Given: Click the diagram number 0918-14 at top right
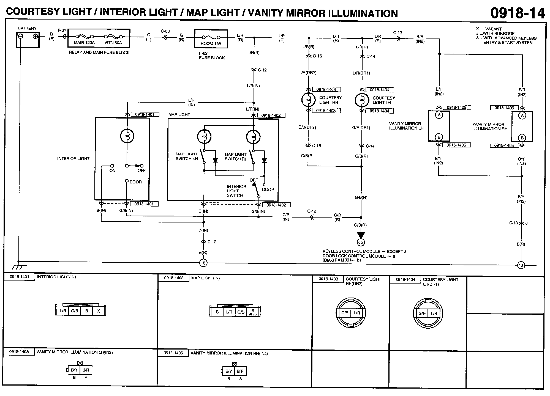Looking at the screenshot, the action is click(518, 13).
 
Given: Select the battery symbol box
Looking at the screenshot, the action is click(28, 39).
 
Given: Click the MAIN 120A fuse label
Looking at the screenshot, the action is click(84, 43).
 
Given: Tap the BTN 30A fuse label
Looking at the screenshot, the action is click(113, 43).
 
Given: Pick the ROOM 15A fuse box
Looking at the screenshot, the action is click(211, 39).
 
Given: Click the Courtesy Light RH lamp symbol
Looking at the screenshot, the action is click(308, 100).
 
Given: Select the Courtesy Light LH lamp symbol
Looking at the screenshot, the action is click(362, 100).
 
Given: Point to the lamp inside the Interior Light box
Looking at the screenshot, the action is click(127, 136).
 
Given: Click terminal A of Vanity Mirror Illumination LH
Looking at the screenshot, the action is click(439, 115).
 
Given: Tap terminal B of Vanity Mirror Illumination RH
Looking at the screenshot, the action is click(522, 138).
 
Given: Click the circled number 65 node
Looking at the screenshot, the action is click(361, 242).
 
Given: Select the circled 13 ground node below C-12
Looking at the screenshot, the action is click(203, 263).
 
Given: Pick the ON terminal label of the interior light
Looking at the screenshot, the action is click(112, 170).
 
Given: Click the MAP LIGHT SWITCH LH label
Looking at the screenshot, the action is click(187, 156).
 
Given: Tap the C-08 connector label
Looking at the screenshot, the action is click(165, 31).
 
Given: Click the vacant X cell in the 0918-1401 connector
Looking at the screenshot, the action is click(98, 311).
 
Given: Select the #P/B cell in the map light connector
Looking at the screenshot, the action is click(253, 312).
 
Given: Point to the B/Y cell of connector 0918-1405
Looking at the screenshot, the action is click(74, 370).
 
